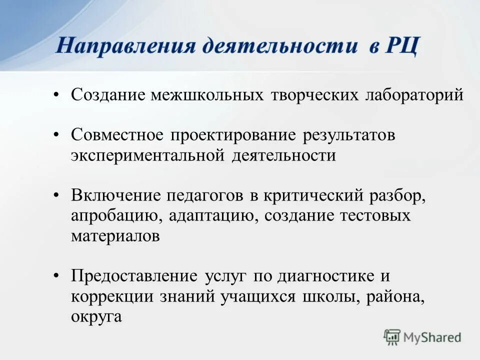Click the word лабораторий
point(412,94)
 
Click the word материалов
point(115,236)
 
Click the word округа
point(96,316)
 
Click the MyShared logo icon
point(392,336)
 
